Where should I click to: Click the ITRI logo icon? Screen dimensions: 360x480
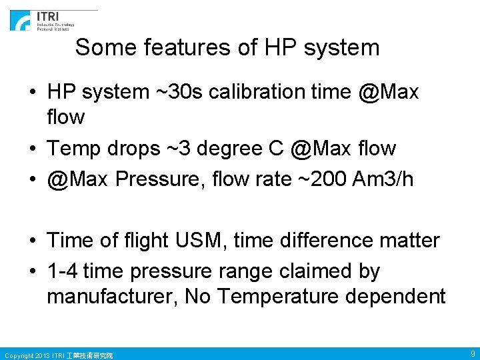tap(20, 20)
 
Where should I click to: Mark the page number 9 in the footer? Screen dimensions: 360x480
tap(472, 353)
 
